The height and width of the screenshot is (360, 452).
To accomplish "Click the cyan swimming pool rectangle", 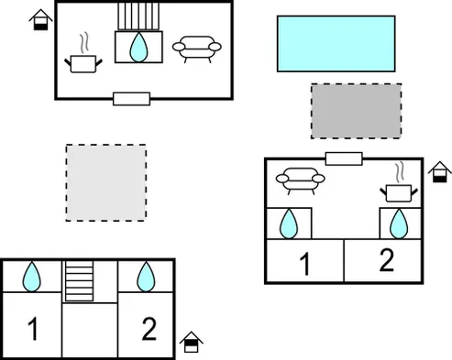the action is pos(336,44).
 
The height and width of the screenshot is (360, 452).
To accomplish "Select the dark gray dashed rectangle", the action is pos(357,111).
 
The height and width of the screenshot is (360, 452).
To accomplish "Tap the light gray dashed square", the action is pos(106,182).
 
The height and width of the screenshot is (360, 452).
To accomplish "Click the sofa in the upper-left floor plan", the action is pos(197,49).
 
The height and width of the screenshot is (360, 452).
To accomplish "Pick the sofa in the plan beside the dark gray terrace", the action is pos(300,180).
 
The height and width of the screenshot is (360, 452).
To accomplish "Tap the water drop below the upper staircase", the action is pos(138,48).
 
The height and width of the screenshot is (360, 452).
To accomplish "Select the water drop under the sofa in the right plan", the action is pos(289,224).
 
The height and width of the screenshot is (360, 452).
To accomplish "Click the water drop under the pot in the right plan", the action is pos(399,224).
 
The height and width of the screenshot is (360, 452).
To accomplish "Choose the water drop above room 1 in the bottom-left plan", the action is pos(31,277).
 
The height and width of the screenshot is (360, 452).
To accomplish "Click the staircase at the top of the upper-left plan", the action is pos(138,16).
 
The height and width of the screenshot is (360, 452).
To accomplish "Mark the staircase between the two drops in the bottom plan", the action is pos(79,281).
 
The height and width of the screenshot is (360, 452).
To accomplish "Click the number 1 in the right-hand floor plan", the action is pos(305,264).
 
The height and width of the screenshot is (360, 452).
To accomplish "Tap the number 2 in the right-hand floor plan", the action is pos(387,260).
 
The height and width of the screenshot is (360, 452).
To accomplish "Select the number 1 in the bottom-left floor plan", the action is pos(33,328).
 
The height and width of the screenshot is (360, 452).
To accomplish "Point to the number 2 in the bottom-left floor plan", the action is pos(149,329).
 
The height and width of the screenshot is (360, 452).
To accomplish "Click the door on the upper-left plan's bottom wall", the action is pos(131,99).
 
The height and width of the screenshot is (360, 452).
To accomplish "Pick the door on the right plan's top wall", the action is pos(344,158).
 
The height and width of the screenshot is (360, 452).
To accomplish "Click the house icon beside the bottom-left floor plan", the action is pos(192,342).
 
